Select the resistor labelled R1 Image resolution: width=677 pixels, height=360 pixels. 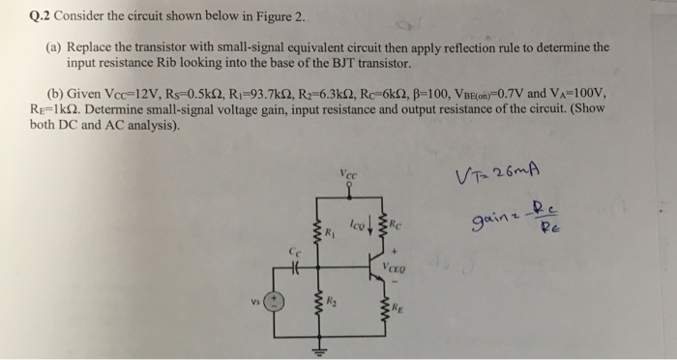coord(316,231)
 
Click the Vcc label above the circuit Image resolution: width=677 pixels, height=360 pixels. coord(347,175)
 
